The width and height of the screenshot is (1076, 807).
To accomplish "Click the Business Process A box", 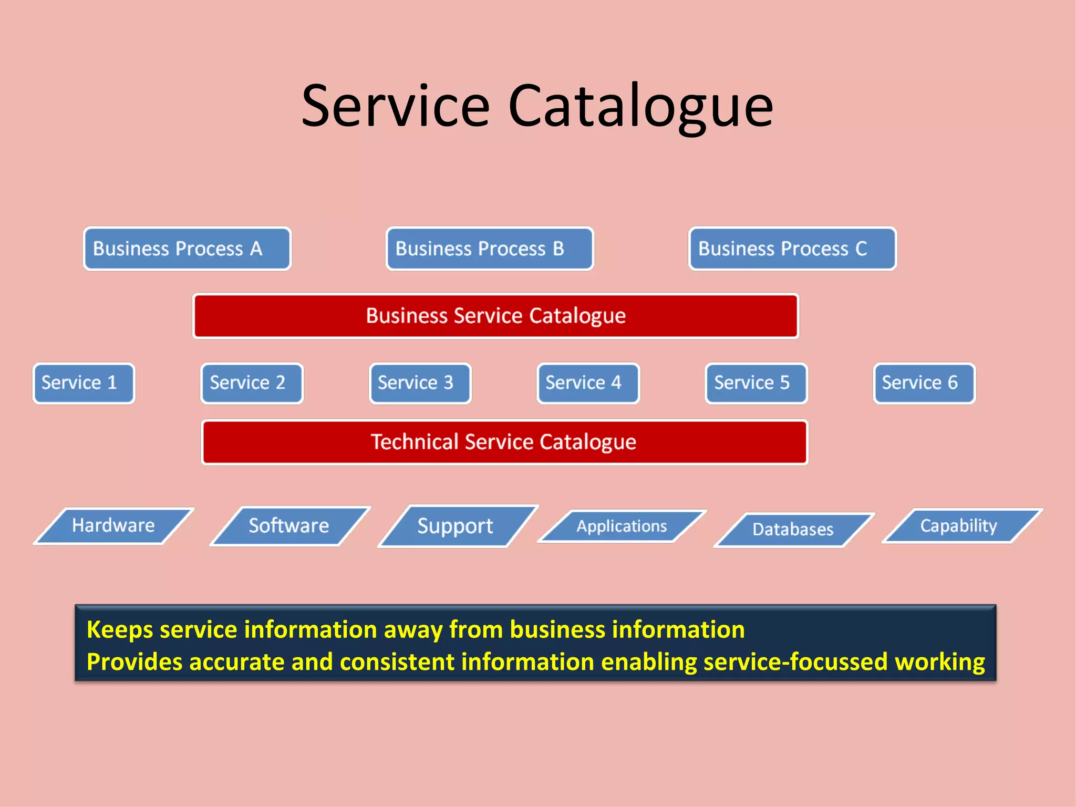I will (187, 249).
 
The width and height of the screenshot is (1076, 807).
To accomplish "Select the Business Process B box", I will (490, 249).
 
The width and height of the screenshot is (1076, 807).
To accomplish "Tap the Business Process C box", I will (792, 249).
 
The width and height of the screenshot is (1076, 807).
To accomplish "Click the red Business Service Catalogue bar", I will (495, 316).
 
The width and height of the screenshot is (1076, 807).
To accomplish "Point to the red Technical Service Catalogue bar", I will (504, 442).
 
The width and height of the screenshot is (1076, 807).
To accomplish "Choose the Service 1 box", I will (84, 383).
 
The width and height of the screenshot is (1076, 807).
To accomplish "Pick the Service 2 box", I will (252, 383).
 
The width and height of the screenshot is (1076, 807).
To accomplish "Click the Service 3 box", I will (420, 383).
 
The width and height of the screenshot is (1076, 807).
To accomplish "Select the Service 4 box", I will (588, 383).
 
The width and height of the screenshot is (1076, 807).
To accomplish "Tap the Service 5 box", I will (756, 383).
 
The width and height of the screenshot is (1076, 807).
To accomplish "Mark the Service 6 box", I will (924, 383).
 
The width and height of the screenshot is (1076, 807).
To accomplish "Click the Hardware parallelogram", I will (113, 525).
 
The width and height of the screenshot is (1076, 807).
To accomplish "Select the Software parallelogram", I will (289, 526).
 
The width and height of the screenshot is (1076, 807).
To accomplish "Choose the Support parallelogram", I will (456, 526).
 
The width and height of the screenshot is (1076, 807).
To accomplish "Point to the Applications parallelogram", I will (622, 526).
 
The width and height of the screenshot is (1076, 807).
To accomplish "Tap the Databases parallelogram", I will (793, 529).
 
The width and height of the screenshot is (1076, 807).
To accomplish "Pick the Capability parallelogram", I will (959, 525).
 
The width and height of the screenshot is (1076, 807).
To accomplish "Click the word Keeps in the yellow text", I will (119, 630).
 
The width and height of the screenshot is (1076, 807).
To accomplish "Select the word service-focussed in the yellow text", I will (795, 662).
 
